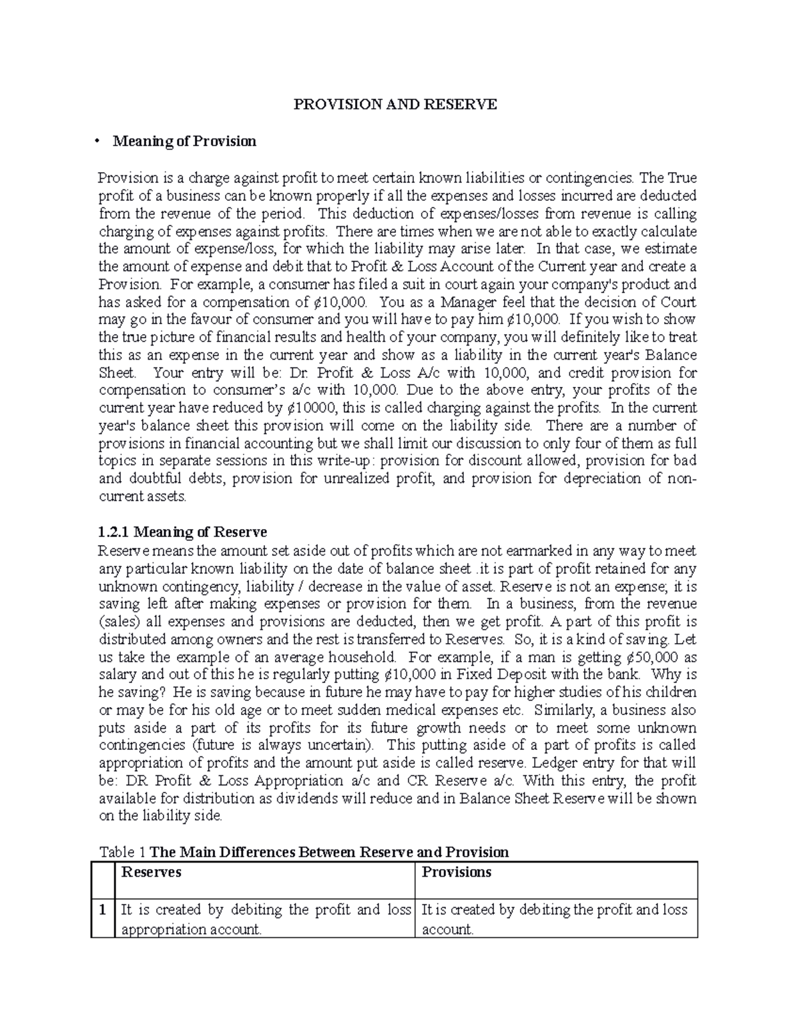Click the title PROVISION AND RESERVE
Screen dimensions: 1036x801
(x=396, y=105)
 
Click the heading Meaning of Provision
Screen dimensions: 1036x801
(x=184, y=141)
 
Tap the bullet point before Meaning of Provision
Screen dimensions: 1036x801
(x=97, y=141)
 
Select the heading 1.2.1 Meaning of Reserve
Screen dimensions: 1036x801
(x=182, y=532)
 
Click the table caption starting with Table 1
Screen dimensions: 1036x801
(x=304, y=852)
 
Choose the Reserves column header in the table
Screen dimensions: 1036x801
(x=150, y=873)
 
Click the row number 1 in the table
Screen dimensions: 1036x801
(x=103, y=910)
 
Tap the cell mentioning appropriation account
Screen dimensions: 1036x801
(x=264, y=919)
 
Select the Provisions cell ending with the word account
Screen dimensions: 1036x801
(x=555, y=919)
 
